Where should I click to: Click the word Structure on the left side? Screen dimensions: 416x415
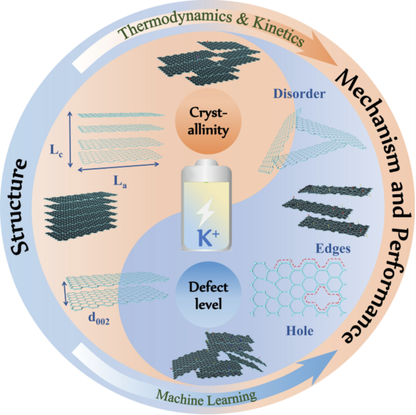point(19,207)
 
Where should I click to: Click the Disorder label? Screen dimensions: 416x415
point(299,94)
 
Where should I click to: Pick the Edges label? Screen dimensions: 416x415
point(333,249)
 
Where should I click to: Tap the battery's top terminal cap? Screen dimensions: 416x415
point(206,163)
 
